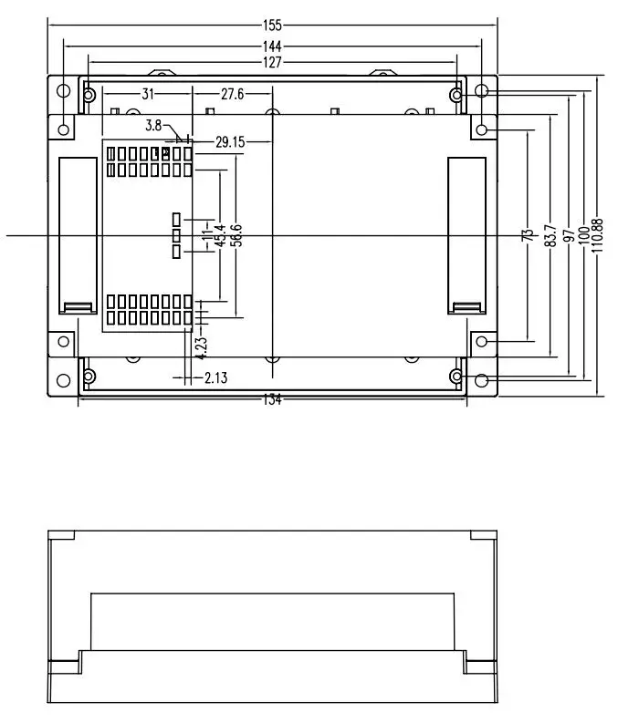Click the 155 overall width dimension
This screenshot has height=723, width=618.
click(x=272, y=25)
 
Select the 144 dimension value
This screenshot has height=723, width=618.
click(x=272, y=46)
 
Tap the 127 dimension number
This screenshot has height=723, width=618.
click(x=272, y=62)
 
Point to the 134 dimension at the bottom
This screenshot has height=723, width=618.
click(x=272, y=399)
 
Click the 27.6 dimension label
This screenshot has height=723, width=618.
click(x=232, y=94)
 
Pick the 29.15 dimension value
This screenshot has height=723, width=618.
click(x=230, y=142)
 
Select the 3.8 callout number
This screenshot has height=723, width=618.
click(x=153, y=125)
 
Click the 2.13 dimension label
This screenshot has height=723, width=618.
click(x=216, y=378)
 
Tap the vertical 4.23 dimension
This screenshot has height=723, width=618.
click(x=202, y=348)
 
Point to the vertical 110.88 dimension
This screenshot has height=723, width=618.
click(x=597, y=235)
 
